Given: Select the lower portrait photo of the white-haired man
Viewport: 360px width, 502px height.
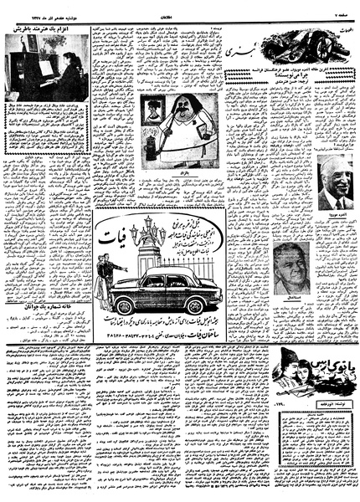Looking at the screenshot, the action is [x=291, y=267].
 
